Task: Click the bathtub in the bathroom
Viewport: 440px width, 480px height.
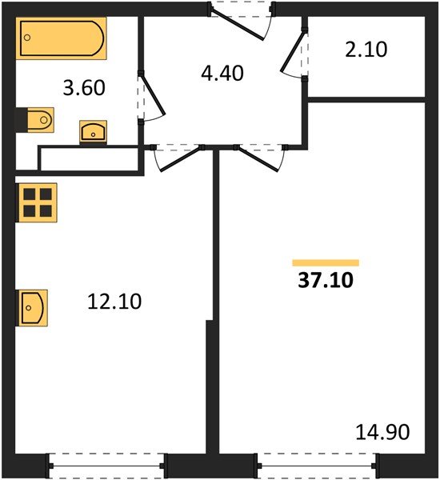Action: [x=62, y=38]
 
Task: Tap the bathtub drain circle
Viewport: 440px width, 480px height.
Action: [x=27, y=38]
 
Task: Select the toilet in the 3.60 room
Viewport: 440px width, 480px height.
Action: [x=35, y=120]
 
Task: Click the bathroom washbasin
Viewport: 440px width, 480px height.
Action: [x=93, y=132]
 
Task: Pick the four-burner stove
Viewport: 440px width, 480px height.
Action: [x=37, y=202]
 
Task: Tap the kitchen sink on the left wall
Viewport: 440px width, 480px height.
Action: [x=32, y=308]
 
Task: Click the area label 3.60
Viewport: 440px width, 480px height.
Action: [x=84, y=87]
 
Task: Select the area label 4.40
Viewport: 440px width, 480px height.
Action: [x=222, y=73]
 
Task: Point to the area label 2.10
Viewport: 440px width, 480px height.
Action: [x=366, y=50]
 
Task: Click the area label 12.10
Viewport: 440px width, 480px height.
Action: [x=114, y=302]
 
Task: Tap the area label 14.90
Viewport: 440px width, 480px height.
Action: [x=382, y=432]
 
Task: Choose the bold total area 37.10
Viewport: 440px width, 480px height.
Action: [x=326, y=280]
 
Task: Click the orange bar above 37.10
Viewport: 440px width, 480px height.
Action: [x=326, y=262]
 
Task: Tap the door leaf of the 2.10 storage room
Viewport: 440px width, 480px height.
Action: [x=294, y=51]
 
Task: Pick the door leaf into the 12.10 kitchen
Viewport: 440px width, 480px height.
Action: [x=181, y=159]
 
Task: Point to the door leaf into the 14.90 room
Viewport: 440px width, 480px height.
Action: [x=258, y=159]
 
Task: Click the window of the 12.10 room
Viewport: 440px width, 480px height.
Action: [x=106, y=466]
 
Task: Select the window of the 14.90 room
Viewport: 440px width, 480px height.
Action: [x=317, y=466]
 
